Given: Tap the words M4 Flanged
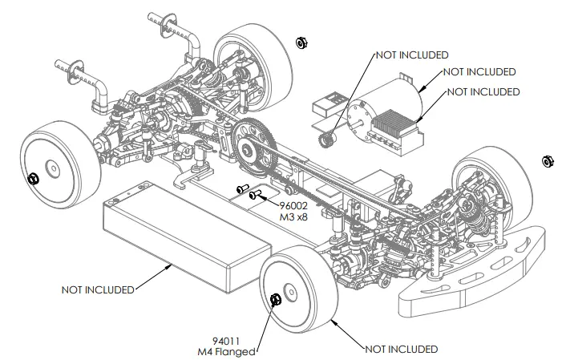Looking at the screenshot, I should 225,351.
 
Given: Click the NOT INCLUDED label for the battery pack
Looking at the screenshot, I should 97,289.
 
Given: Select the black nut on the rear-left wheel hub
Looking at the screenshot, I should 34,178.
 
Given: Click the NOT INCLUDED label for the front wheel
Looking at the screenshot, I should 401,349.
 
